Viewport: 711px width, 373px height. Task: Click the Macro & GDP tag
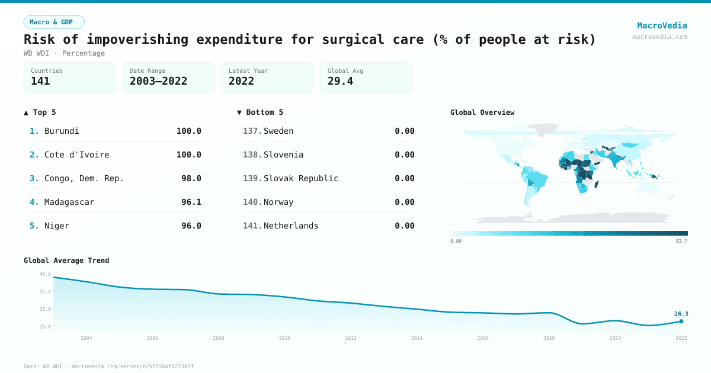[x=54, y=22]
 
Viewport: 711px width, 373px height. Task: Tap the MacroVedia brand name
[x=662, y=25]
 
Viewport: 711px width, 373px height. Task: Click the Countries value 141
[x=40, y=81]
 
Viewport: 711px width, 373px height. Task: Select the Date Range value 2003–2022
[x=158, y=81]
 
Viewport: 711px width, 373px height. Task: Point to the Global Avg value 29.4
[x=340, y=81]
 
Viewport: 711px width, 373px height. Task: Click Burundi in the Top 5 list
[x=62, y=131]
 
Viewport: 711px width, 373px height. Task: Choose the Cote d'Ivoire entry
[x=76, y=155]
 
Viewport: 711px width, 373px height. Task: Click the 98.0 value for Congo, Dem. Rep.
[x=191, y=178]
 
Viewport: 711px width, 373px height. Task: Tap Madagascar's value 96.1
[x=191, y=202]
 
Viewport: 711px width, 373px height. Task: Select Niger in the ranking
[x=57, y=226]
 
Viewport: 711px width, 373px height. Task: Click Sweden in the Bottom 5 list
[x=278, y=131]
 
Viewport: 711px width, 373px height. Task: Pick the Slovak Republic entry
[x=301, y=178]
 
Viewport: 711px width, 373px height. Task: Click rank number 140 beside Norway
[x=252, y=202]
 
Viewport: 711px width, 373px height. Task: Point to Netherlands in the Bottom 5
[x=291, y=226]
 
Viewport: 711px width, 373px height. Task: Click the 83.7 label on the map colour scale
[x=681, y=241]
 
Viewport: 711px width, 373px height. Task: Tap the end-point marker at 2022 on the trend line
[x=681, y=321]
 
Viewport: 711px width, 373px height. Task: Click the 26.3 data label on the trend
[x=681, y=314]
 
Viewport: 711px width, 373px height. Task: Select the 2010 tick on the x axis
[x=284, y=338]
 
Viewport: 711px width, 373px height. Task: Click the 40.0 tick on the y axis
[x=45, y=274]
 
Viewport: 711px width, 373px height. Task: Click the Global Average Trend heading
[x=66, y=261]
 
